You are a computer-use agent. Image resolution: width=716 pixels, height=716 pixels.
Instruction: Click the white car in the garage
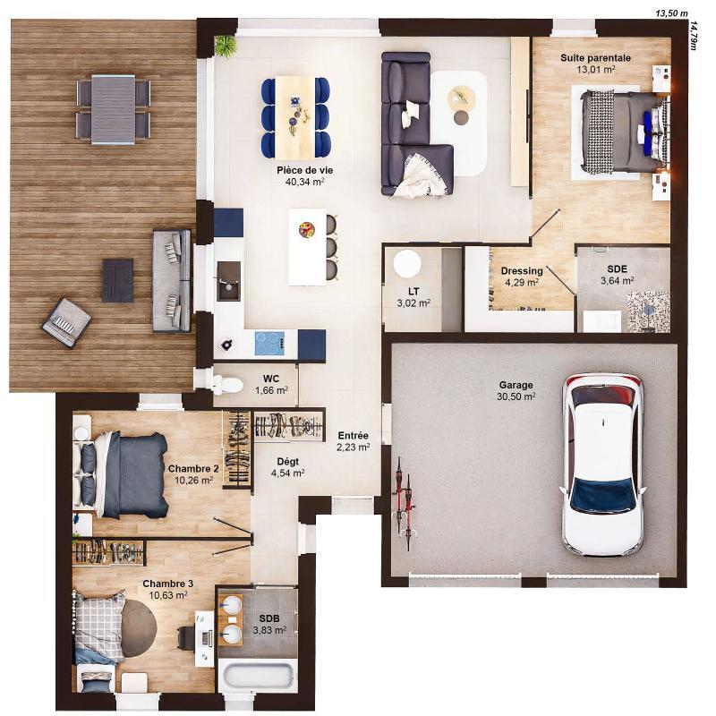point(602,464)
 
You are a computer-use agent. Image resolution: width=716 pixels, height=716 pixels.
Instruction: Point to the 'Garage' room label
point(516,386)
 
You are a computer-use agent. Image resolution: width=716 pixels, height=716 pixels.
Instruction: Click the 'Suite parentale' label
point(595,57)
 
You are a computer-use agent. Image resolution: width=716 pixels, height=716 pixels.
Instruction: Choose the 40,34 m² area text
point(300,181)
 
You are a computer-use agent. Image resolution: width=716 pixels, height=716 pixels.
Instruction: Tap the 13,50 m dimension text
point(672,13)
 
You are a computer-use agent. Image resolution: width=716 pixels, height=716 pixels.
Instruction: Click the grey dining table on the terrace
point(113,109)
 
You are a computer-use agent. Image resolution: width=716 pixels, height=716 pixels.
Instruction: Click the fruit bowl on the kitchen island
point(306,228)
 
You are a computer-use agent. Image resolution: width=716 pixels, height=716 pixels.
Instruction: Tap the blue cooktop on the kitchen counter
point(269,341)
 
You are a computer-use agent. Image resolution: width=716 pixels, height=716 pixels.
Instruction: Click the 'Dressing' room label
point(522,271)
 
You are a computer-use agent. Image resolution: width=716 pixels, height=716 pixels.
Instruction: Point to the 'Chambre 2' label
point(193,468)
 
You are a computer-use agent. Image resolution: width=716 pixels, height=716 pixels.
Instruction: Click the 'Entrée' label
point(353,436)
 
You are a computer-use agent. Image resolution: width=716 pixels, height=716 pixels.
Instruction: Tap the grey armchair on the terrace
point(67,320)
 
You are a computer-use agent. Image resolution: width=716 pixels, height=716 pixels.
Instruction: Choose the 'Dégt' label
point(287,462)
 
